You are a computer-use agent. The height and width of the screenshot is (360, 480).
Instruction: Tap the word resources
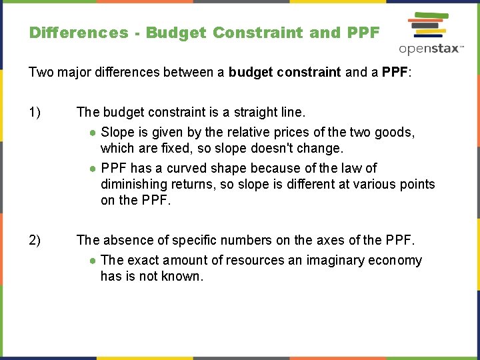point(255,260)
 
